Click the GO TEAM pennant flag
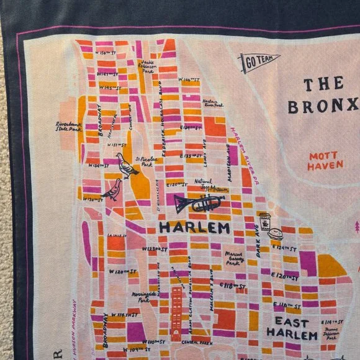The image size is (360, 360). pyautogui.click(x=258, y=62)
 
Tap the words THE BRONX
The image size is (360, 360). pyautogui.click(x=323, y=95)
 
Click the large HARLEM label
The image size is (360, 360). pyautogui.click(x=194, y=228)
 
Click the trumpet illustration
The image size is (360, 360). pyautogui.click(x=199, y=203)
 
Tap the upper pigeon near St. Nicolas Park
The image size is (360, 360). pyautogui.click(x=127, y=166)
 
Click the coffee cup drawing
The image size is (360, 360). pyautogui.click(x=265, y=221)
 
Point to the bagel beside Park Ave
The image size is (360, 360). pyautogui.click(x=275, y=234)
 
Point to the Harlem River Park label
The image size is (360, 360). pyautogui.click(x=212, y=103)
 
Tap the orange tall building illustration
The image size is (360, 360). pyautogui.click(x=177, y=310)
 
